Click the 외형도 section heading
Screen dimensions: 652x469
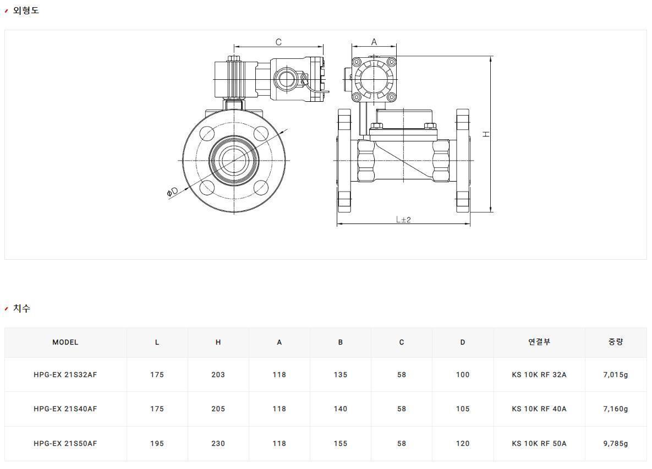click(x=26, y=10)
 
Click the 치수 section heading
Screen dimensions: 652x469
click(x=21, y=308)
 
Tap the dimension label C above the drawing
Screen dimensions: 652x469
click(x=278, y=42)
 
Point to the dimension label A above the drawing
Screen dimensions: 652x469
click(x=374, y=42)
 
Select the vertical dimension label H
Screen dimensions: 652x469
click(x=486, y=134)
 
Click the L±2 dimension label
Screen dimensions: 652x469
click(x=403, y=219)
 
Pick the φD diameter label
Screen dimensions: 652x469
click(x=172, y=192)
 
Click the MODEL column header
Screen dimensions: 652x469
click(x=65, y=342)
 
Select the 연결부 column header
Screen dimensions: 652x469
click(x=539, y=342)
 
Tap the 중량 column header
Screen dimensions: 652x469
click(x=615, y=342)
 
